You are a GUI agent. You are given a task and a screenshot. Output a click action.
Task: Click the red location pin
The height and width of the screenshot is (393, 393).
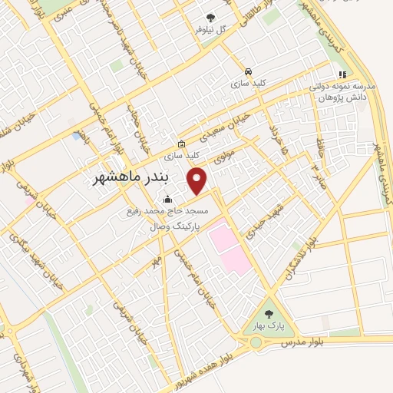[198, 181]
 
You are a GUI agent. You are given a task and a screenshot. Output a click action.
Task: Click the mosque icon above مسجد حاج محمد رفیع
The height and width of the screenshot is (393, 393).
[168, 200]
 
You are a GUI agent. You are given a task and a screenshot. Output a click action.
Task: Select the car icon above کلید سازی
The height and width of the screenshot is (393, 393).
[248, 70]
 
